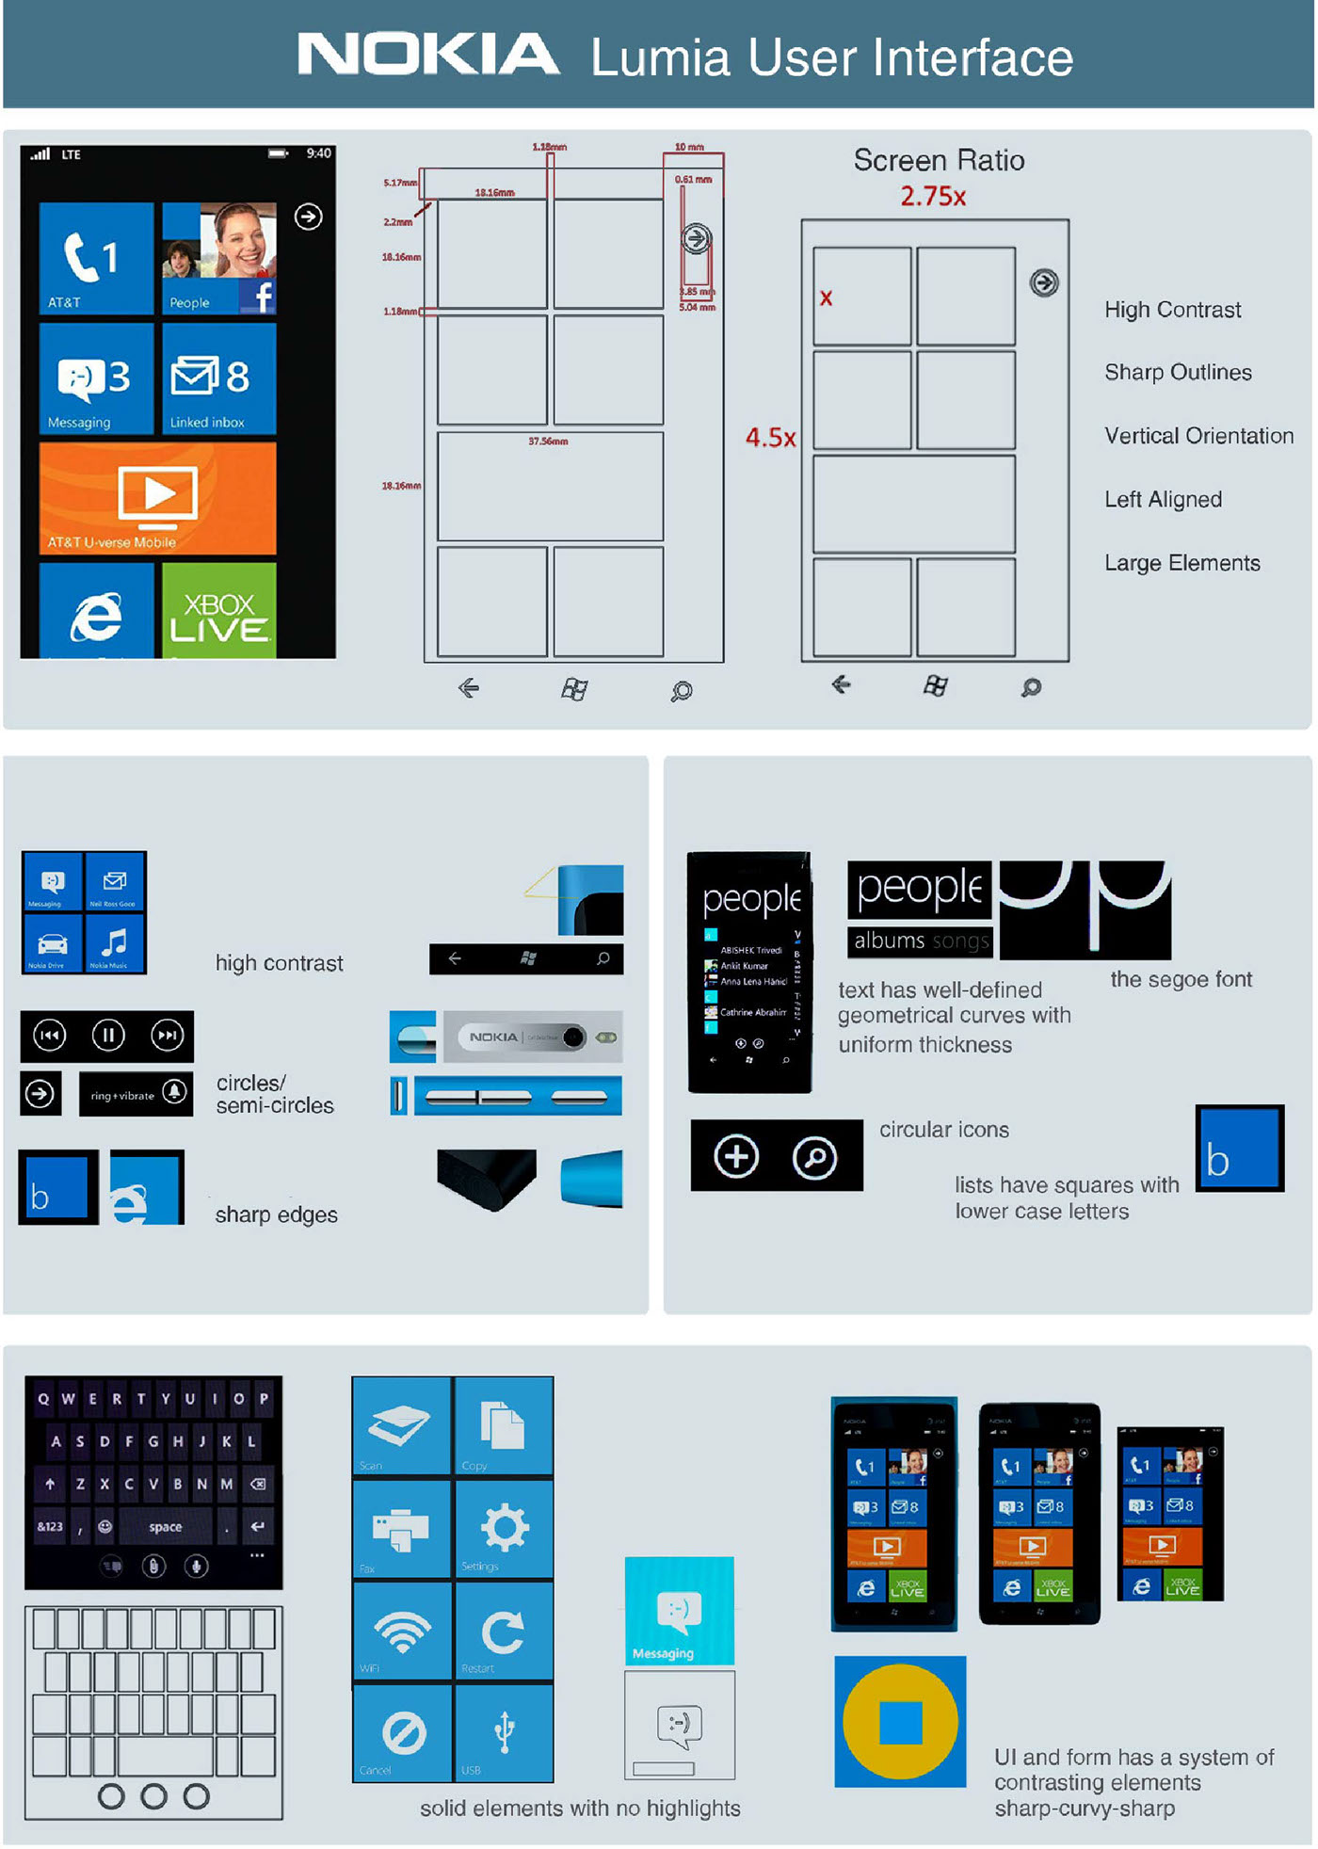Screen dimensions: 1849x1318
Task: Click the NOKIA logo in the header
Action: [428, 55]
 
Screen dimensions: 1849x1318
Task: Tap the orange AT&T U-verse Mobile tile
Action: [158, 497]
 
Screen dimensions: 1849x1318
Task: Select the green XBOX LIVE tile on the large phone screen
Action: [218, 609]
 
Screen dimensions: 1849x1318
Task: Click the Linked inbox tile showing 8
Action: [218, 378]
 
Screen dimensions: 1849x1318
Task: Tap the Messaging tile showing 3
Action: [96, 378]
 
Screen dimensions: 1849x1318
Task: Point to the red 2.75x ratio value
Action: [933, 197]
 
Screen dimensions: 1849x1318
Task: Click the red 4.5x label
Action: [770, 438]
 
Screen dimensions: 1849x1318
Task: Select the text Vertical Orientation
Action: [1198, 436]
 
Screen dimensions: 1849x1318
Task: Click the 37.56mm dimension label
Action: [548, 441]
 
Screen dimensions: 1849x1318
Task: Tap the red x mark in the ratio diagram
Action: [826, 298]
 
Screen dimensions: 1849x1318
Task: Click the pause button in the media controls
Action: [108, 1036]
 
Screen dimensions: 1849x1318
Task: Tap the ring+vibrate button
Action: [136, 1094]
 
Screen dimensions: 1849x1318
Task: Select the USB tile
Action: [504, 1732]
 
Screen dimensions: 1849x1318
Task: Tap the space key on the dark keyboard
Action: [165, 1527]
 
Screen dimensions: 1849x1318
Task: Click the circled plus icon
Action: [736, 1156]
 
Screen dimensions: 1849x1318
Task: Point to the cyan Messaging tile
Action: [679, 1611]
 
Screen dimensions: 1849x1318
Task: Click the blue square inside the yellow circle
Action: [900, 1722]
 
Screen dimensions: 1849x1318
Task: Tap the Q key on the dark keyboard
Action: [43, 1399]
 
